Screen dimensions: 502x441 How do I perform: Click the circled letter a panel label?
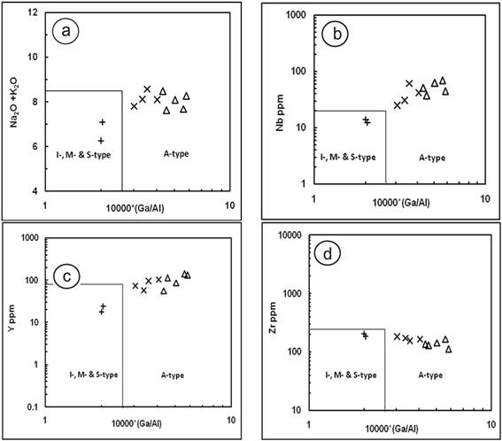[66, 31]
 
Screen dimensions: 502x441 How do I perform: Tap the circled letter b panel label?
[336, 34]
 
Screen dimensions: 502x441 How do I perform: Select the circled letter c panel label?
[66, 276]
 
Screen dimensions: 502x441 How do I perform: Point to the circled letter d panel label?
[328, 254]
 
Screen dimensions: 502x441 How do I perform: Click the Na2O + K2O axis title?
[14, 102]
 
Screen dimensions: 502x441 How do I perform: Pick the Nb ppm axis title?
[280, 112]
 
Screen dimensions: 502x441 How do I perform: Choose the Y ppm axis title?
[12, 319]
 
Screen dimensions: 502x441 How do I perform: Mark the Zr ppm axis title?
[273, 318]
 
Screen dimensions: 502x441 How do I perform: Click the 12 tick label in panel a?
[33, 12]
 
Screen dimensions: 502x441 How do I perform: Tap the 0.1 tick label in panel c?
[32, 407]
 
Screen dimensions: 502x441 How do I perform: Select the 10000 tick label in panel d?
[290, 236]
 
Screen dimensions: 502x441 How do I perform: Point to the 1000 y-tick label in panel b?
[296, 15]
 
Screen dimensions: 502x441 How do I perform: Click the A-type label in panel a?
[176, 154]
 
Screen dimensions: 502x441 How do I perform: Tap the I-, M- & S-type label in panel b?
[348, 157]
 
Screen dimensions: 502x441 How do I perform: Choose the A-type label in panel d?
[430, 375]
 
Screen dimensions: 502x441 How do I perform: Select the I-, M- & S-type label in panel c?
[94, 374]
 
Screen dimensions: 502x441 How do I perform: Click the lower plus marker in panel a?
[101, 141]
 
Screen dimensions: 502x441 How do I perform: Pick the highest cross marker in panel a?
[147, 89]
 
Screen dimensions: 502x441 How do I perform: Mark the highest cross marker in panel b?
[409, 83]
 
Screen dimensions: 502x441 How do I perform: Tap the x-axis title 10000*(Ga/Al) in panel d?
[391, 429]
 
